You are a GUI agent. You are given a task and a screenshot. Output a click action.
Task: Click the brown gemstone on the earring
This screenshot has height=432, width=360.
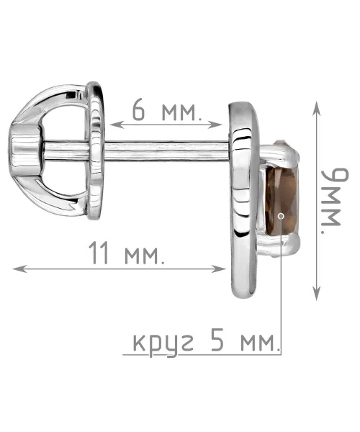282,201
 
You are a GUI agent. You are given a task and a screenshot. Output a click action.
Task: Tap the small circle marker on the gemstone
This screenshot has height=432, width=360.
281,216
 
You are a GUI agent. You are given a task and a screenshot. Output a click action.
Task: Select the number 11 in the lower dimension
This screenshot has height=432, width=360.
99,253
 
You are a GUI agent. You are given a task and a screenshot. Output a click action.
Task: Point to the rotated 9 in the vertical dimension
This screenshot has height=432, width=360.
336,179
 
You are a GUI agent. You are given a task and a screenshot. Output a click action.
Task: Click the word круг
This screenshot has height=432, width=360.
163,343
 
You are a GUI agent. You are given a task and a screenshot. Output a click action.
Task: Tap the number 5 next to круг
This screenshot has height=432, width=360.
217,341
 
